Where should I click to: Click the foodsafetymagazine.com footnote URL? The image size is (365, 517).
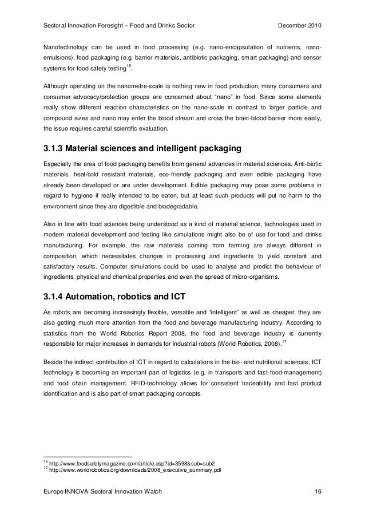point(132,463)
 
